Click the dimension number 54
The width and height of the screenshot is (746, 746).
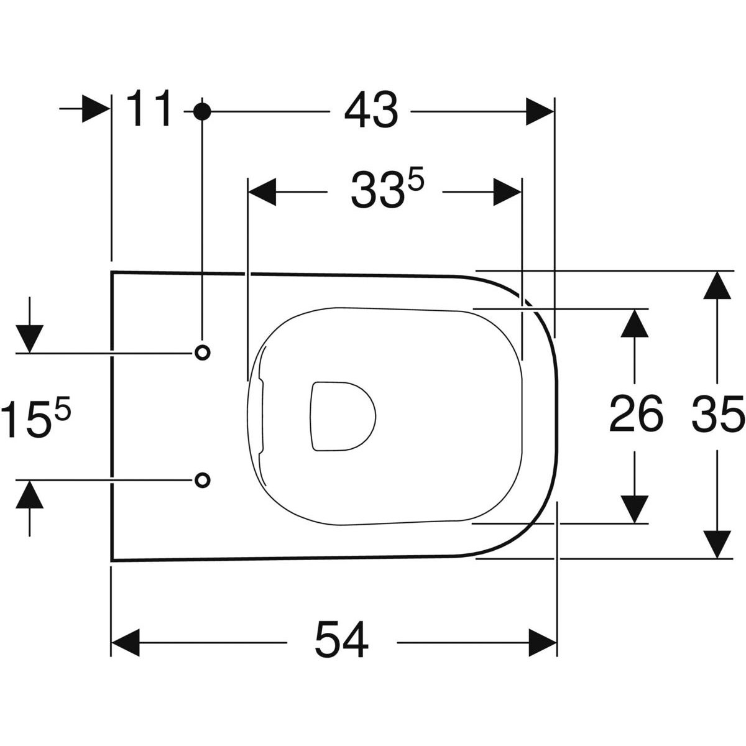pyautogui.click(x=341, y=640)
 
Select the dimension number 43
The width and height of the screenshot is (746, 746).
pyautogui.click(x=371, y=111)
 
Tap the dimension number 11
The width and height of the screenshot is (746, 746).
pyautogui.click(x=149, y=109)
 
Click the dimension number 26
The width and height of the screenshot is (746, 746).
pyautogui.click(x=635, y=415)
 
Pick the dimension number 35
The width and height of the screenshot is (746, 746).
pyautogui.click(x=717, y=415)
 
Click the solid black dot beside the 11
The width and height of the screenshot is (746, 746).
pyautogui.click(x=201, y=111)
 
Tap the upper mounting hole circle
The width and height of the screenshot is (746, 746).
pyautogui.click(x=202, y=352)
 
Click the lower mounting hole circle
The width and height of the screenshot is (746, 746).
pyautogui.click(x=202, y=479)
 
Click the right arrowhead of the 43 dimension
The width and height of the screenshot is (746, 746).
pyautogui.click(x=539, y=111)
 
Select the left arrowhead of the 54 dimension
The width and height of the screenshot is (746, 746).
pyautogui.click(x=125, y=642)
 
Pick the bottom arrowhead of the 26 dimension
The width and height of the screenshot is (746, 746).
pyautogui.click(x=635, y=509)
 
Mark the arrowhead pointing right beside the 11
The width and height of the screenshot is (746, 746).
pyautogui.click(x=96, y=109)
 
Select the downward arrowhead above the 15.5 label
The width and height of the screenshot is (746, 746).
pyautogui.click(x=30, y=338)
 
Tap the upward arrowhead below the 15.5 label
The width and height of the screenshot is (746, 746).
pyautogui.click(x=30, y=495)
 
